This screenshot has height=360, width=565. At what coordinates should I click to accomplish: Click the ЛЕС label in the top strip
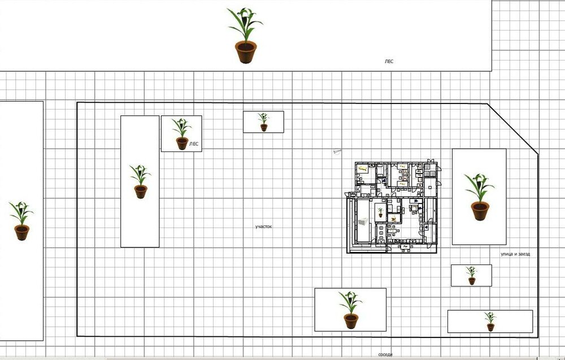pyautogui.click(x=389, y=61)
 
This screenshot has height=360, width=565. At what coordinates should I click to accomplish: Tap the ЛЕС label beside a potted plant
pyautogui.click(x=193, y=144)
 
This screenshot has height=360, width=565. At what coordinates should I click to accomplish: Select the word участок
pyautogui.click(x=263, y=227)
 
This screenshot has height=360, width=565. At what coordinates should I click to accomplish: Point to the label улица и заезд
pyautogui.click(x=515, y=254)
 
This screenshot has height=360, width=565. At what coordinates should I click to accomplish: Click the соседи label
pyautogui.click(x=385, y=354)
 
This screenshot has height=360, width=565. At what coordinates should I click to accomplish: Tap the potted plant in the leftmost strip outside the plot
pyautogui.click(x=21, y=220)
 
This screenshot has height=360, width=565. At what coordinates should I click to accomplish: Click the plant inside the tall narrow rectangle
pyautogui.click(x=140, y=181)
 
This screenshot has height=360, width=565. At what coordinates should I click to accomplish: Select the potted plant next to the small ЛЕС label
pyautogui.click(x=181, y=134)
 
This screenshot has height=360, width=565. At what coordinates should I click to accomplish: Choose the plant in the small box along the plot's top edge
pyautogui.click(x=263, y=122)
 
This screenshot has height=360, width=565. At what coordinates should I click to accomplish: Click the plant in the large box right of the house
pyautogui.click(x=479, y=197)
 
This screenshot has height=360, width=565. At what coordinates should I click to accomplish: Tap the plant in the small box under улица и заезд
pyautogui.click(x=471, y=275)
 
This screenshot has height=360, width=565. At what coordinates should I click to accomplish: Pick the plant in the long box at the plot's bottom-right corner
pyautogui.click(x=490, y=322)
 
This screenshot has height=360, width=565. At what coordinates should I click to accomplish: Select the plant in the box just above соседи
pyautogui.click(x=350, y=310)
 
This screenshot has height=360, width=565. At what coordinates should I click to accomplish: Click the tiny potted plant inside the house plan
pyautogui.click(x=380, y=212)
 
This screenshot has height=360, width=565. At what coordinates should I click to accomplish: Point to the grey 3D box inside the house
pyautogui.click(x=363, y=225)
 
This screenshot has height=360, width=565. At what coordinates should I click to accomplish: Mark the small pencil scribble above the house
pyautogui.click(x=337, y=152)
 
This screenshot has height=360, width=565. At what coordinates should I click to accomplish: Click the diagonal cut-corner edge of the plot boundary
pyautogui.click(x=513, y=129)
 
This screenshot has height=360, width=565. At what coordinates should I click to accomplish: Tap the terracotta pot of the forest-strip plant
pyautogui.click(x=246, y=52)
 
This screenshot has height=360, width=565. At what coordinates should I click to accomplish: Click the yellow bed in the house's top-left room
pyautogui.click(x=363, y=168)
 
